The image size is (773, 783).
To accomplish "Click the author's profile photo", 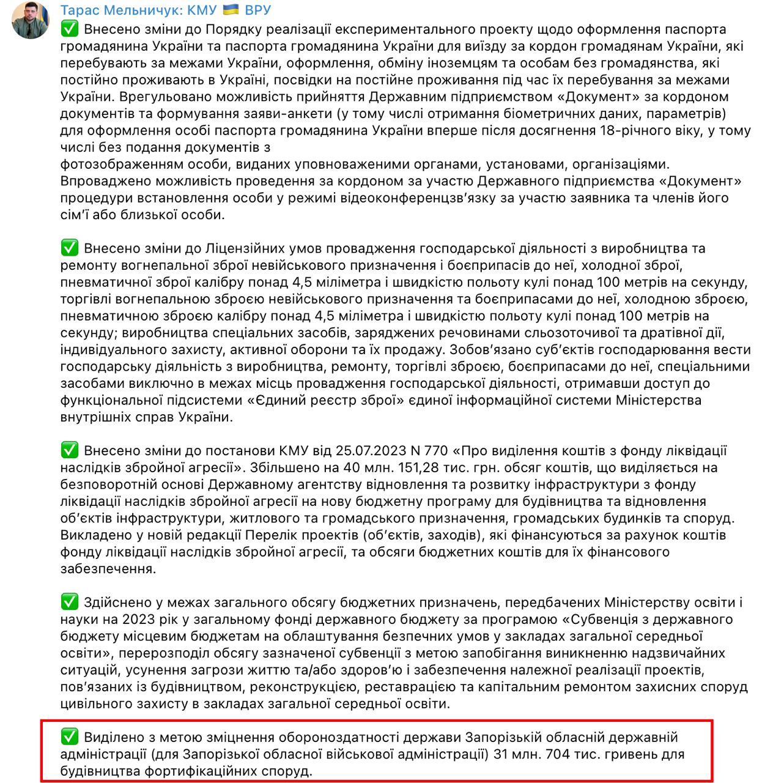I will [31, 20].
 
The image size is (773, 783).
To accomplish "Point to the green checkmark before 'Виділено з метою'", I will [70, 737].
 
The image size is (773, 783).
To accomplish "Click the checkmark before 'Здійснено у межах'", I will [70, 602].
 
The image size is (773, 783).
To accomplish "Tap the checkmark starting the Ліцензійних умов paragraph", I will [70, 248].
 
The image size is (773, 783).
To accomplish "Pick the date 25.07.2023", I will [370, 451].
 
